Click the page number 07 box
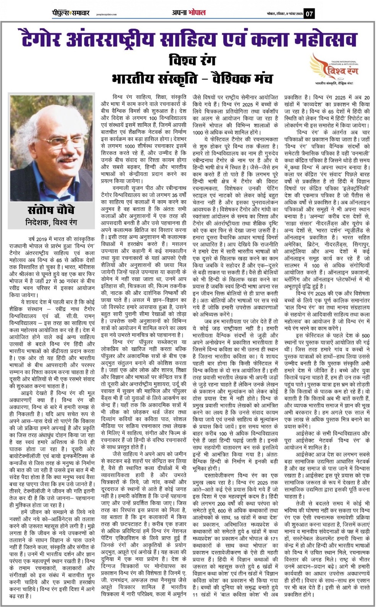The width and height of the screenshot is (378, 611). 309,14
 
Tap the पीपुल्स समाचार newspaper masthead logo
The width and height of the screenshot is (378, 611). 71,13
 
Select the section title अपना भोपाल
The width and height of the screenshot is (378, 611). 188,13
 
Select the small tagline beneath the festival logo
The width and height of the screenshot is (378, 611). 333,83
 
